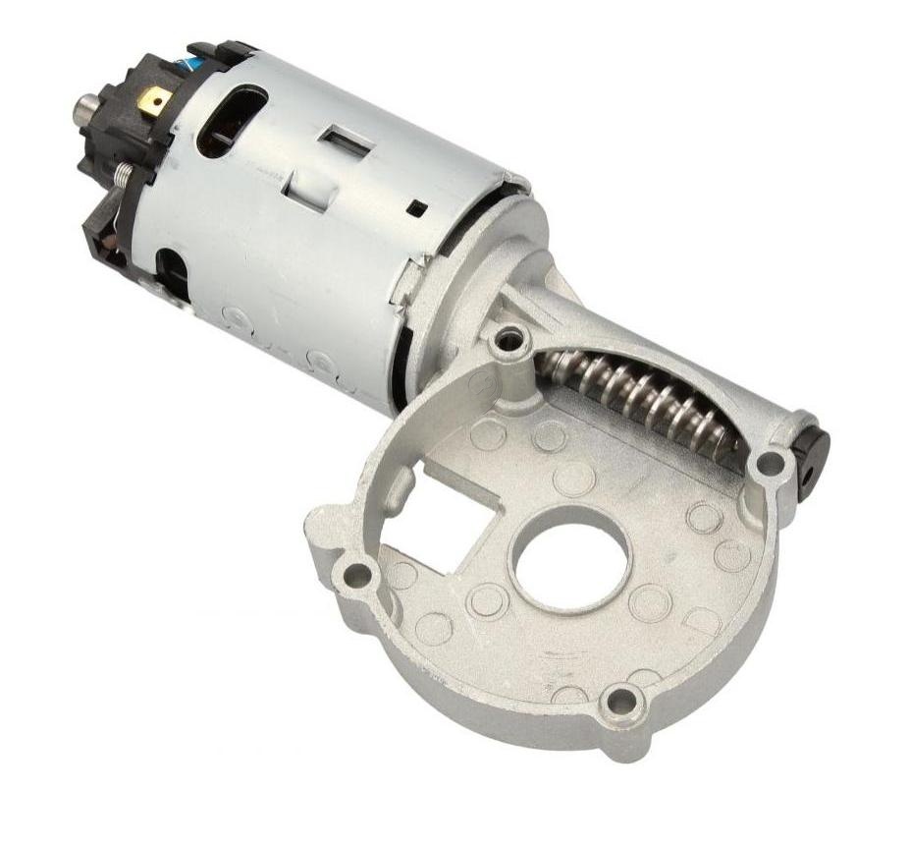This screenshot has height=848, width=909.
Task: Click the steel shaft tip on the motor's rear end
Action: pos(81,109)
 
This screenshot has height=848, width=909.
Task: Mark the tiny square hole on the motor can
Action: pos(419,207)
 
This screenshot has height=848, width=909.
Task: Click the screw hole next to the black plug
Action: pos(772,461)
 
